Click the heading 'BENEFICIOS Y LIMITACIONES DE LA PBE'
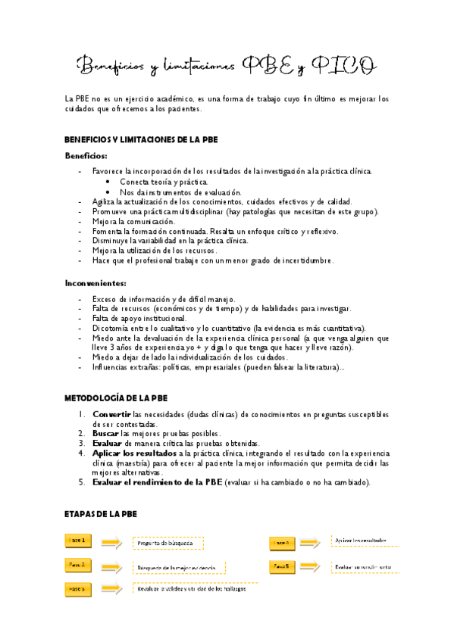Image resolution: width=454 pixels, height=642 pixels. pyautogui.click(x=142, y=139)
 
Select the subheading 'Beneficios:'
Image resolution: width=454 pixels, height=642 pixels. pyautogui.click(x=85, y=156)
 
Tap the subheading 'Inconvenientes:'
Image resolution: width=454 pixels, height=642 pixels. pyautogui.click(x=95, y=283)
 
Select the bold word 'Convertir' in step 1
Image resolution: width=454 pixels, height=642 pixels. pyautogui.click(x=111, y=415)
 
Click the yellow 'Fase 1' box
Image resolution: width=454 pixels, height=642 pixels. pyautogui.click(x=79, y=541)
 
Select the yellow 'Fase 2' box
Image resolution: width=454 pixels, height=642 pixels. pyautogui.click(x=79, y=565)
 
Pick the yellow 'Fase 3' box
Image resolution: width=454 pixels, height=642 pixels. pyautogui.click(x=79, y=588)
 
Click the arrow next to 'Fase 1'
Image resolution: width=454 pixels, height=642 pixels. pyautogui.click(x=112, y=541)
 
